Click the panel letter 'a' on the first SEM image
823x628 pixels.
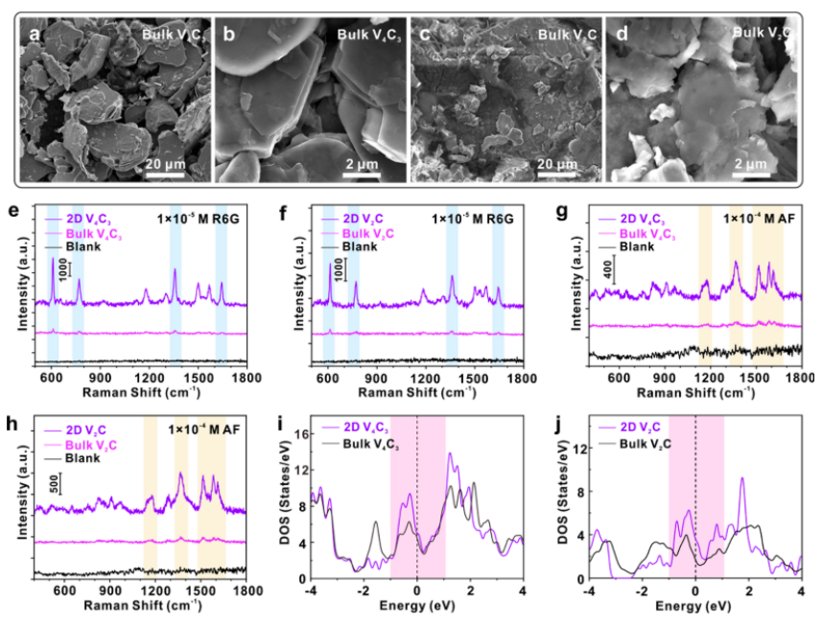tap(35, 35)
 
